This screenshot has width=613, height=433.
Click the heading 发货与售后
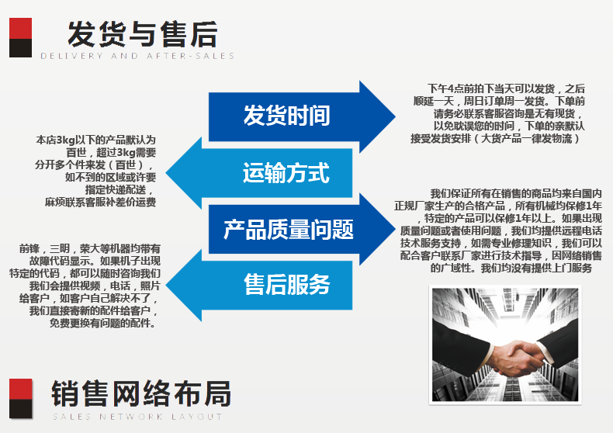pyautogui.click(x=143, y=34)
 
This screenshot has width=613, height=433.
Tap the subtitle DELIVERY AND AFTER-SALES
pyautogui.click(x=137, y=56)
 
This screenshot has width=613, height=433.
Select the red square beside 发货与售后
pyautogui.click(x=20, y=28)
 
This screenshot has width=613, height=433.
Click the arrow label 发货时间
pyautogui.click(x=286, y=116)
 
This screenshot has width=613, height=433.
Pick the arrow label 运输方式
pyautogui.click(x=286, y=173)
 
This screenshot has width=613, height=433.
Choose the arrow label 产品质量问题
pyautogui.click(x=289, y=229)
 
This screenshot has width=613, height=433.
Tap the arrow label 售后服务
pyautogui.click(x=287, y=284)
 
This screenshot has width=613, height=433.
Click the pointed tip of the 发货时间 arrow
pyautogui.click(x=395, y=116)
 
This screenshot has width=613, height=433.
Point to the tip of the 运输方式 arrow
pyautogui.click(x=166, y=173)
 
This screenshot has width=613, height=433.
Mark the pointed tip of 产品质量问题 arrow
pyautogui.click(x=395, y=229)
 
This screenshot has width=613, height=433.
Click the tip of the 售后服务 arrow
pyautogui.click(x=166, y=285)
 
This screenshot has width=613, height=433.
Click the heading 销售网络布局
pyautogui.click(x=141, y=393)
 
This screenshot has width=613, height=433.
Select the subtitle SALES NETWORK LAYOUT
pyautogui.click(x=137, y=417)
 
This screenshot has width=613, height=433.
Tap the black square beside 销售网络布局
pyautogui.click(x=21, y=409)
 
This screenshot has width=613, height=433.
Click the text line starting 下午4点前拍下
pyautogui.click(x=506, y=88)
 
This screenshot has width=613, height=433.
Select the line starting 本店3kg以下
pyautogui.click(x=95, y=140)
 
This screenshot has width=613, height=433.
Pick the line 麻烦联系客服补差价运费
pyautogui.click(x=100, y=202)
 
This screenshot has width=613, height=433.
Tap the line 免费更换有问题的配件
pyautogui.click(x=102, y=323)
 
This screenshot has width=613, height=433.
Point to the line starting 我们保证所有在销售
pyautogui.click(x=516, y=193)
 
